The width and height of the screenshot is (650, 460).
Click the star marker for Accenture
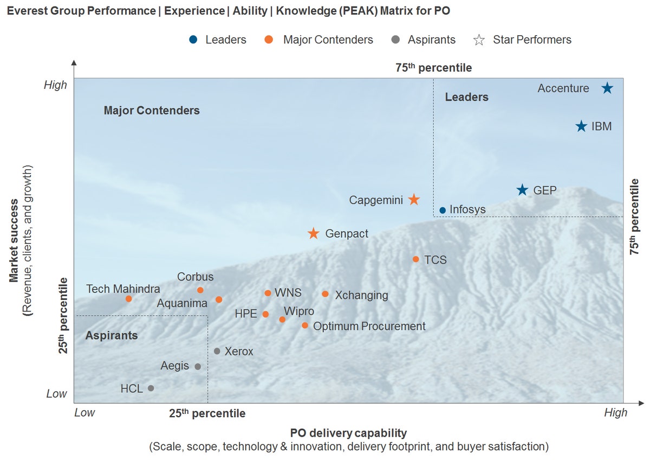[x=607, y=88]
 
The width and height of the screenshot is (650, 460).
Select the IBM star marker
[x=581, y=126]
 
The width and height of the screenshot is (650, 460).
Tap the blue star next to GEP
[x=522, y=190]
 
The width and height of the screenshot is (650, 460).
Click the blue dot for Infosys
[x=443, y=210]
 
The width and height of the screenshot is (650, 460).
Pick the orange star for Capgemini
[x=414, y=200]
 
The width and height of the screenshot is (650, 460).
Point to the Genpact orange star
[x=313, y=234]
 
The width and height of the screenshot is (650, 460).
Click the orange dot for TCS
[x=416, y=259]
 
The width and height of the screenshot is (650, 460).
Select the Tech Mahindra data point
[x=129, y=299]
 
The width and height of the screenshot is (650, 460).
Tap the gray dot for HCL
[x=151, y=388]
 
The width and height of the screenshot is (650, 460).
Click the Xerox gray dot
[x=217, y=351]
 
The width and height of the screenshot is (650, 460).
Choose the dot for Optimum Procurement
[x=305, y=325]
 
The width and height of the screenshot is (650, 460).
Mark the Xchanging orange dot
[x=325, y=294]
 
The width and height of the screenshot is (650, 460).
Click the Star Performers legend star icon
[x=479, y=40]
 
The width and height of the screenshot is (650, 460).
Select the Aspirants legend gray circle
[x=395, y=40]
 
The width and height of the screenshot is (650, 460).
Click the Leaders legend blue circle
[x=193, y=40]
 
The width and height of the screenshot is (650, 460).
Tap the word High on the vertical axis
[x=56, y=85]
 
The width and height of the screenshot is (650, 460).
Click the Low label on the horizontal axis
[x=84, y=413]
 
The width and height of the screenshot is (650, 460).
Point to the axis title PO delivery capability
[x=348, y=433]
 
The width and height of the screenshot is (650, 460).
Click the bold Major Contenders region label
[x=152, y=111]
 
